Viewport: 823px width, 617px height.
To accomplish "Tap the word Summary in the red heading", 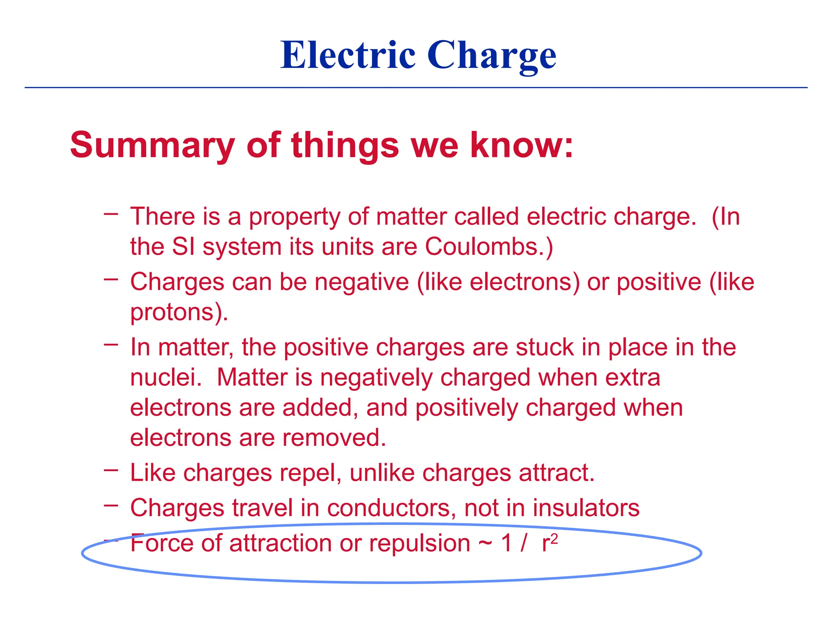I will coord(152,145).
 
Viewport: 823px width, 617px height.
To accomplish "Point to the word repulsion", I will coord(420,543).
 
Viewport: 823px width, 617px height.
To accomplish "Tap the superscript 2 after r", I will coord(555,538).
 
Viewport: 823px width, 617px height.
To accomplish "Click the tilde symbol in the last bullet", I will coord(485,545).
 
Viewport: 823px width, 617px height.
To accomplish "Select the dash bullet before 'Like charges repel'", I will coord(111,470).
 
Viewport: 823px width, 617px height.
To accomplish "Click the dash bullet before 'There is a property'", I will coord(111,214).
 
